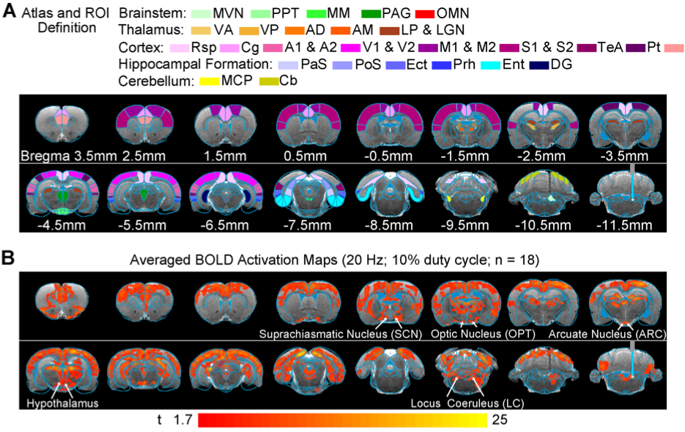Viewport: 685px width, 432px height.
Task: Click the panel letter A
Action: [x=10, y=13]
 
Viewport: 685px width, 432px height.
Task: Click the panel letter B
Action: [x=10, y=259]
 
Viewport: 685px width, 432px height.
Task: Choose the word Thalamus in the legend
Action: [x=145, y=30]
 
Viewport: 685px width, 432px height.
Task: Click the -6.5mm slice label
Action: [x=224, y=222]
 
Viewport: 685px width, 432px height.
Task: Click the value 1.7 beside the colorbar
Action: [x=184, y=419]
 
